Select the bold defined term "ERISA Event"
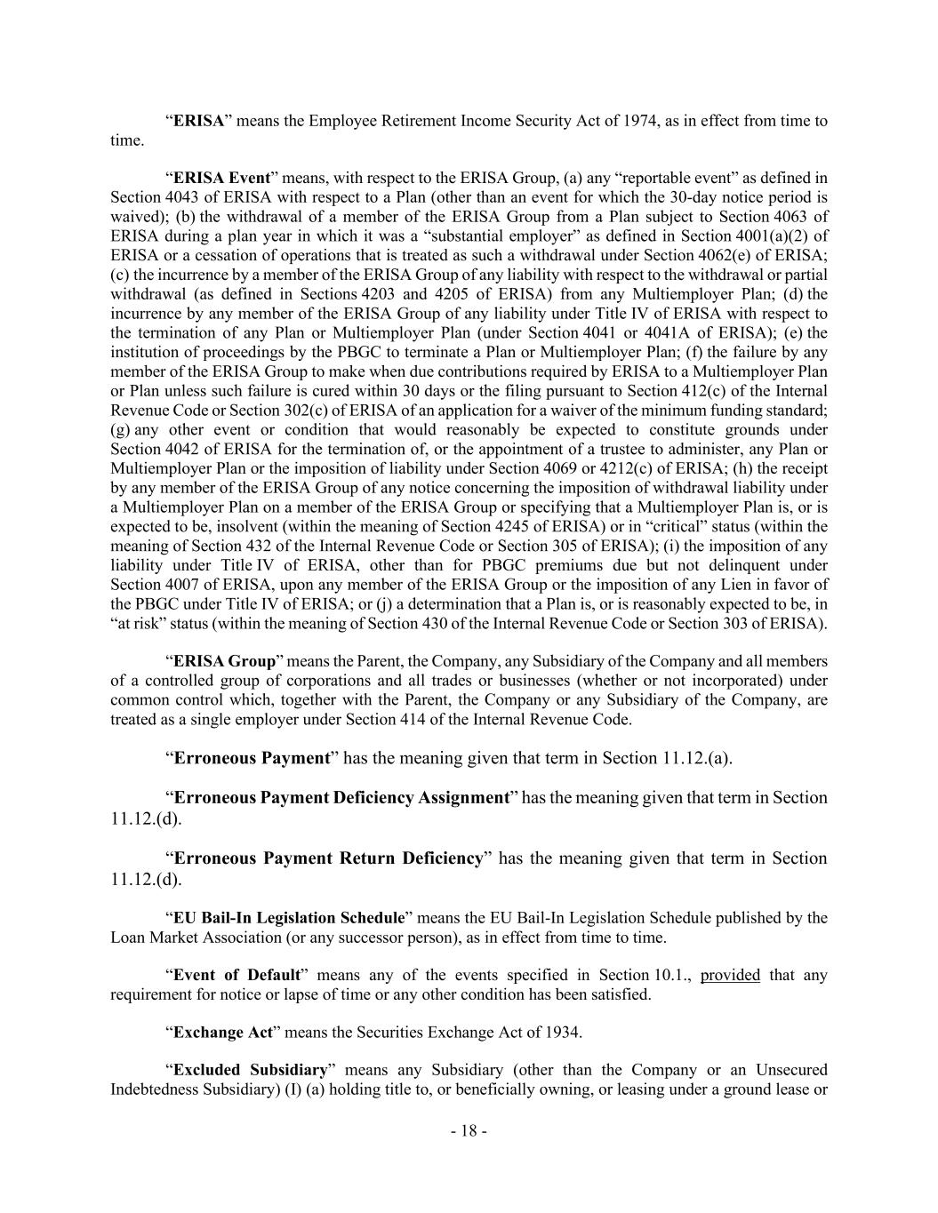tap(221, 178)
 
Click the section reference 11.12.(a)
tap(697, 758)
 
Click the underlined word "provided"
tap(730, 975)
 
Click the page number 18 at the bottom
tap(469, 1131)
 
